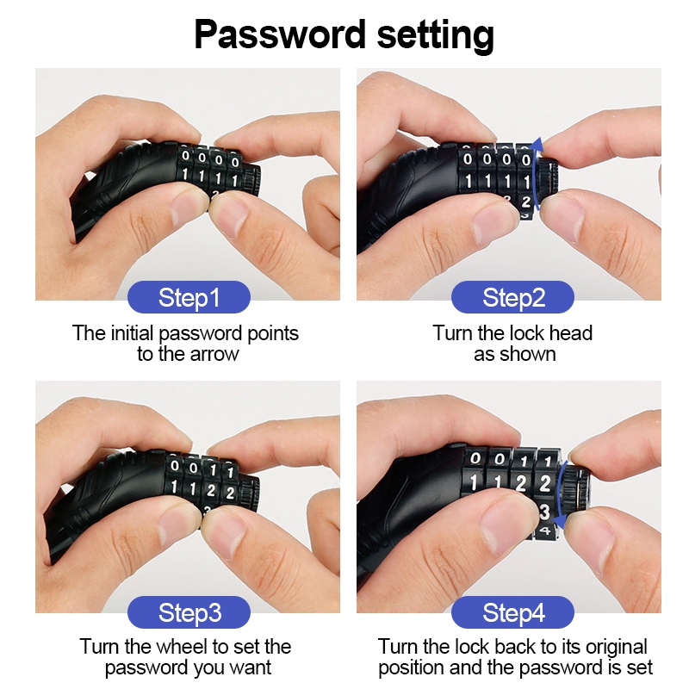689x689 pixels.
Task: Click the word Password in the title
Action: (280, 34)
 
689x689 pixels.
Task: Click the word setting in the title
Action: (436, 35)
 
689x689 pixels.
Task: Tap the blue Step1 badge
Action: (189, 297)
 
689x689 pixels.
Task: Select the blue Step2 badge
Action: (512, 297)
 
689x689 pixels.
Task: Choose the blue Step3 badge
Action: (189, 612)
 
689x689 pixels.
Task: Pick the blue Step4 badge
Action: (512, 612)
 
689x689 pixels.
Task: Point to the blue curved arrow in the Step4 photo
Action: (557, 494)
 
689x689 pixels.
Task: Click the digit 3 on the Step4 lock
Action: (544, 512)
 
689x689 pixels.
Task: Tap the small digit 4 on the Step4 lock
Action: (544, 531)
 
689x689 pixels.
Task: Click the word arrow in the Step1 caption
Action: (214, 354)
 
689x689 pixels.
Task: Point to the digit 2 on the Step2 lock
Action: (526, 202)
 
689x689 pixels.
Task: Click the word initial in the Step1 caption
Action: (133, 333)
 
